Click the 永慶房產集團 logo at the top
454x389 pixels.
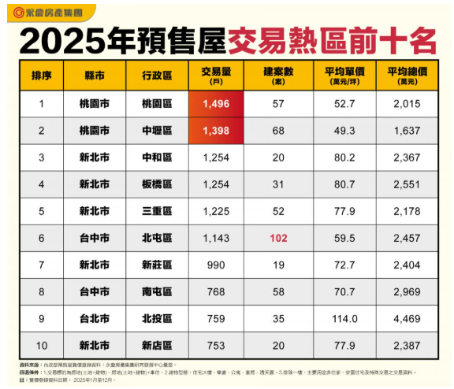coord(47,12)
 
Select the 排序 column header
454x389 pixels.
coord(42,76)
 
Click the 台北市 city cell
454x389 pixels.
coord(95,319)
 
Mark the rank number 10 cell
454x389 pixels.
coord(42,346)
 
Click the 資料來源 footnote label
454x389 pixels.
coord(28,365)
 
